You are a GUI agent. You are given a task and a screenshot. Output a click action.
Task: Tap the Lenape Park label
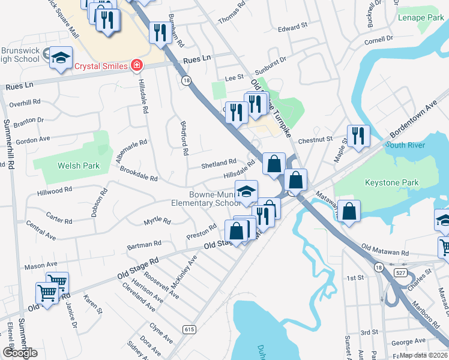(x=421, y=18)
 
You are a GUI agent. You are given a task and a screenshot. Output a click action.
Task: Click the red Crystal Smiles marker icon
(x=137, y=65)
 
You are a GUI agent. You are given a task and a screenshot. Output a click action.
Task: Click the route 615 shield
(x=190, y=329)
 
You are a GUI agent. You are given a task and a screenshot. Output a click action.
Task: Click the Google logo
(x=20, y=353)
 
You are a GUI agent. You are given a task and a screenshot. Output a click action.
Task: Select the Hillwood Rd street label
(x=54, y=190)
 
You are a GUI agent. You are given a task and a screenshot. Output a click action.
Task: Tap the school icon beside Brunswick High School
(x=60, y=58)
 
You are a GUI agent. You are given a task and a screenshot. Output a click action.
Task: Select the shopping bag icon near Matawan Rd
(x=349, y=211)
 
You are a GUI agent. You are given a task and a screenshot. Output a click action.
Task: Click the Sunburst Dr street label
(x=271, y=59)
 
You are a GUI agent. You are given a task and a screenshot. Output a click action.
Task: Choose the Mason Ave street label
(x=41, y=265)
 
